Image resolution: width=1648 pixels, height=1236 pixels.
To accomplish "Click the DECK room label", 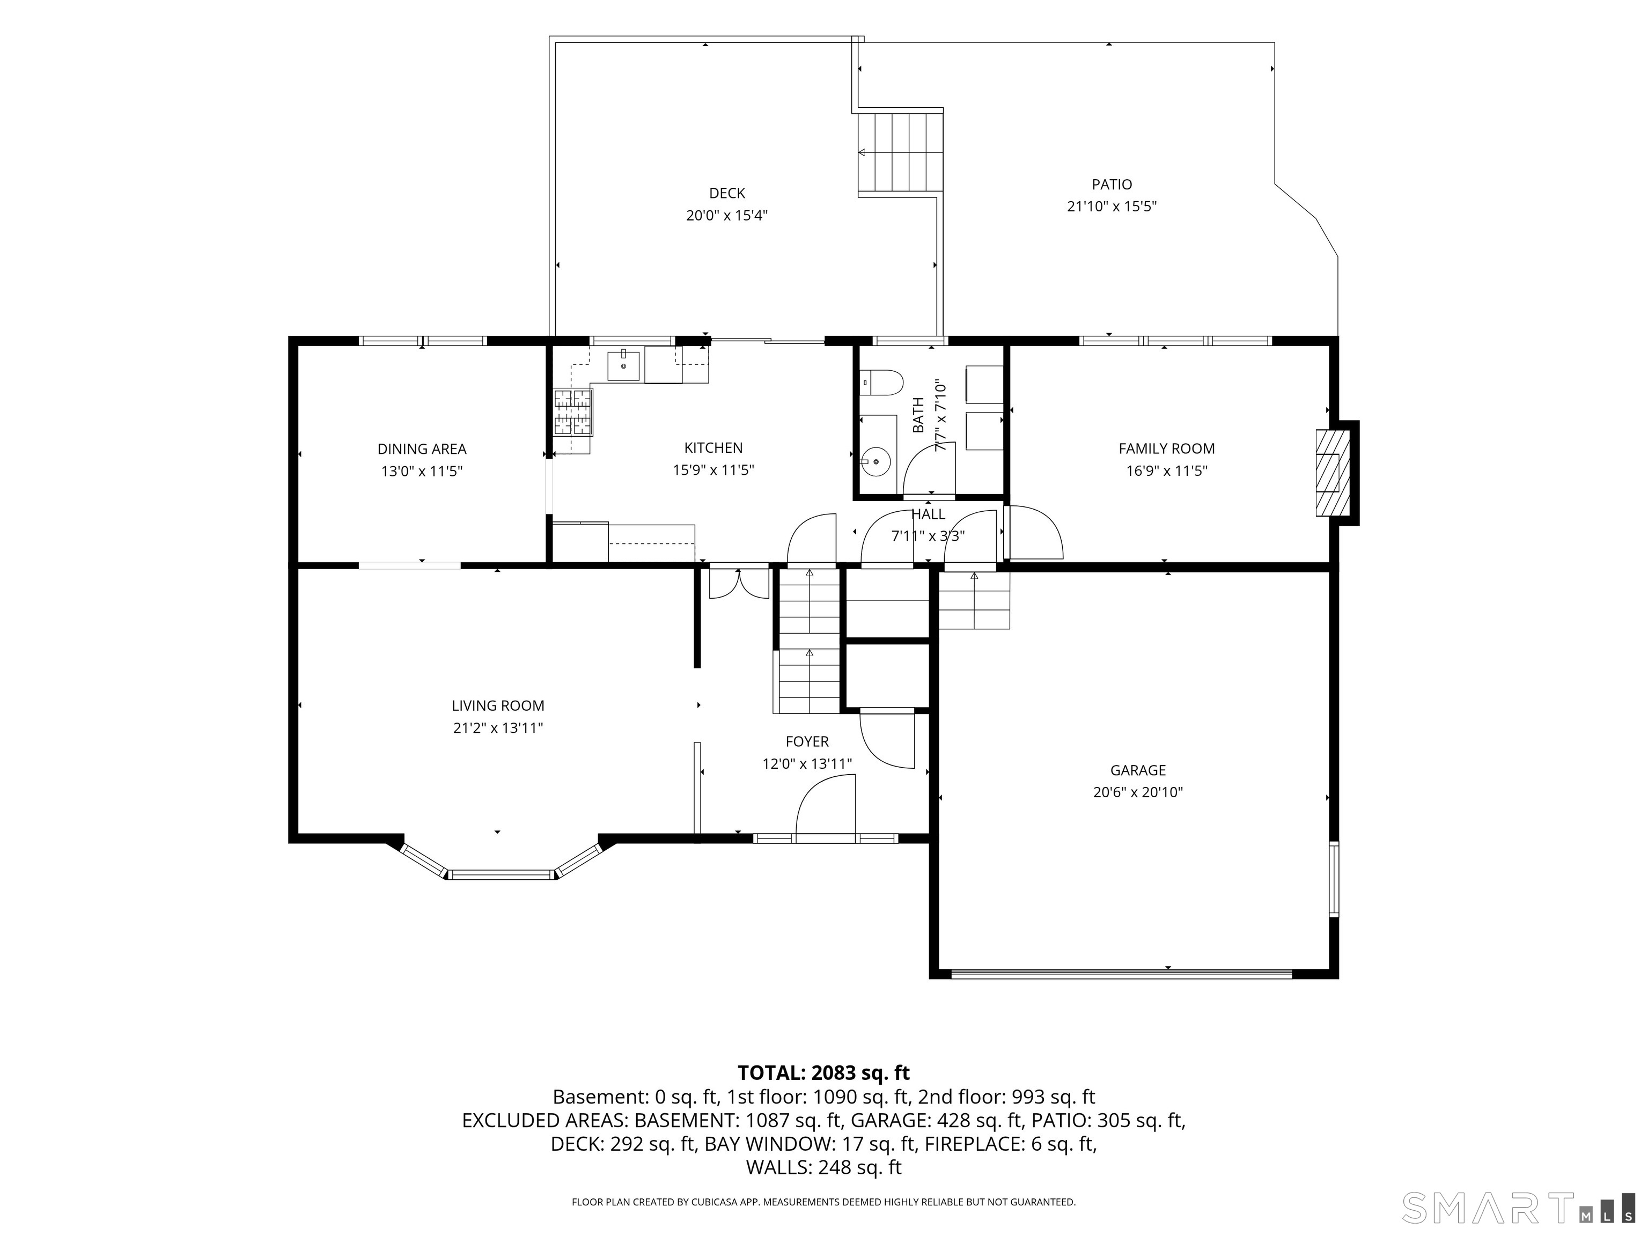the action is click(x=726, y=193).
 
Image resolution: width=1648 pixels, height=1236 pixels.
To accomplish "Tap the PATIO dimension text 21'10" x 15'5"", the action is click(x=1112, y=207).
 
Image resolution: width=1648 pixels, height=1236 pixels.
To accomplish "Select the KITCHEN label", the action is click(x=713, y=448).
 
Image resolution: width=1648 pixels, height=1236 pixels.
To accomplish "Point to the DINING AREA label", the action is click(x=422, y=449).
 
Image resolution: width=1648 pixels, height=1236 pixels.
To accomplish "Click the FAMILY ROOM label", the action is click(x=1166, y=448).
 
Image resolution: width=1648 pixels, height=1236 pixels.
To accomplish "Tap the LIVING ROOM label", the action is click(x=498, y=705).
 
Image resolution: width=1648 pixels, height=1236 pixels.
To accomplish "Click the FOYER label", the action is click(x=807, y=741).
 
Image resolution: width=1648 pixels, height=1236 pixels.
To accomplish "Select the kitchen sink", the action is click(x=623, y=366).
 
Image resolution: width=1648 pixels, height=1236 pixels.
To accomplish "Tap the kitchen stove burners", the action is click(x=573, y=411).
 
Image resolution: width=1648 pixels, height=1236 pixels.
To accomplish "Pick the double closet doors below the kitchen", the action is click(x=738, y=583).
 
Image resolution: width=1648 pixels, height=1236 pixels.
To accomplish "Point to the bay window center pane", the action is click(x=502, y=874).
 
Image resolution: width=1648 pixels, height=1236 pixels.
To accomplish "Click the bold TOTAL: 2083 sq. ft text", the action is click(x=823, y=1073).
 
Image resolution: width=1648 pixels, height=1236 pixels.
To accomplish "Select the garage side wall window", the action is click(x=1334, y=878).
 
